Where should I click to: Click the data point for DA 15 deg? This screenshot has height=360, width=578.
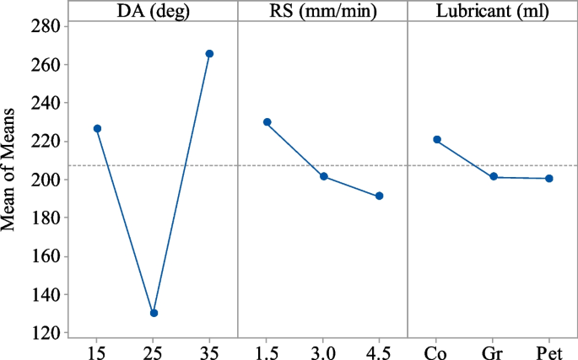pos(97,128)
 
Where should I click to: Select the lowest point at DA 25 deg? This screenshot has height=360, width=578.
pos(154,313)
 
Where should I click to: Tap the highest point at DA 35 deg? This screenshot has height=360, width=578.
pos(210,54)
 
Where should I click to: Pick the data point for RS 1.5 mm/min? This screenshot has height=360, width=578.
pos(267,122)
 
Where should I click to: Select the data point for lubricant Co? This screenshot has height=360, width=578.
pos(437,139)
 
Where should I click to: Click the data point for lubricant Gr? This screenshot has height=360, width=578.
pos(494,177)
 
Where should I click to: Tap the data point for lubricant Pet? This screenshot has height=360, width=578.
pos(549,179)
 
